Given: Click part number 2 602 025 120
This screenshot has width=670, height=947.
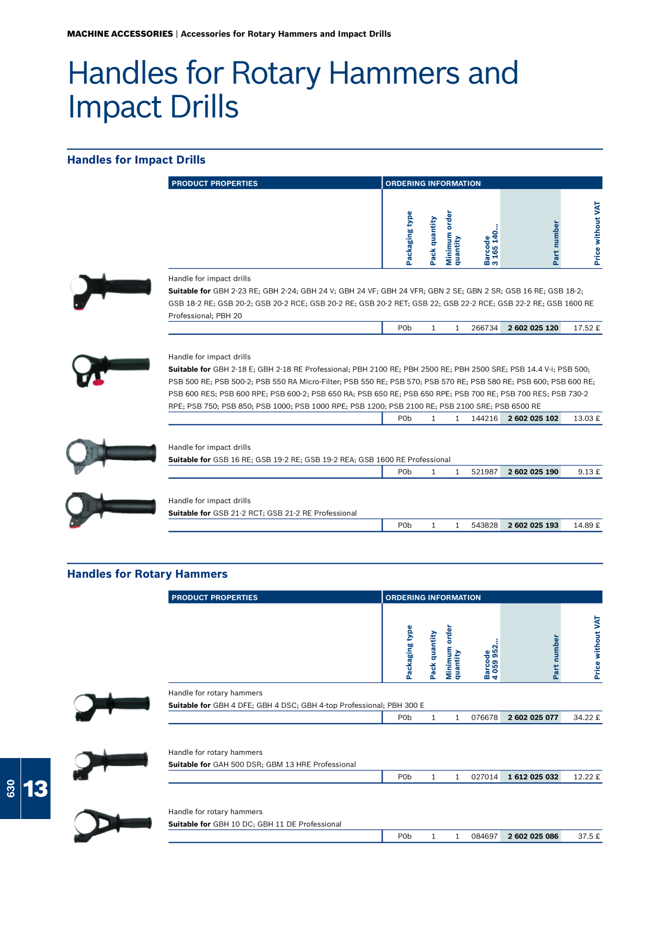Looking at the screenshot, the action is (533, 328).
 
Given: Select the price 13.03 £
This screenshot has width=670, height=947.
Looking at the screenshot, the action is (586, 418).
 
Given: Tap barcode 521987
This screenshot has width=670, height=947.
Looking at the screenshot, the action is (484, 472).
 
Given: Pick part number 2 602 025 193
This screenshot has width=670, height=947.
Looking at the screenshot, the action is (533, 525).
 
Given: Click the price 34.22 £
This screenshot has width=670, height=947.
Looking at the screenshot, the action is (586, 718).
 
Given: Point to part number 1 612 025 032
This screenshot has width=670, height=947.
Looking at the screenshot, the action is (533, 777).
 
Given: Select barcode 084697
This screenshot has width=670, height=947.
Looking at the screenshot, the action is (484, 836).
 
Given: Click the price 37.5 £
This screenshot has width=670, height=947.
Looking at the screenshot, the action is (588, 836).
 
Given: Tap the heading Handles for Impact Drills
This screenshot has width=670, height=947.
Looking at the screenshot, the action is (136, 160).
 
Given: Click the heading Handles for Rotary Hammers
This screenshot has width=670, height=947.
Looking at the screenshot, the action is (147, 574).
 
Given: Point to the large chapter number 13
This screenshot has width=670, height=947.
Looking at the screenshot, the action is (36, 789).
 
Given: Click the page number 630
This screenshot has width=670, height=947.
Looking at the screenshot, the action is (11, 789).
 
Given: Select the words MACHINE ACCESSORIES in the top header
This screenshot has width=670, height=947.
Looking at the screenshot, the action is (120, 34).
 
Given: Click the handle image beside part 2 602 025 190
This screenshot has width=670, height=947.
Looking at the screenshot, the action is (111, 455).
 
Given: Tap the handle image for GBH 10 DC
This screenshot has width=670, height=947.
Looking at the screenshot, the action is (112, 826).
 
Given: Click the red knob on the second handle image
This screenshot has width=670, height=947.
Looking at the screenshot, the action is (98, 382).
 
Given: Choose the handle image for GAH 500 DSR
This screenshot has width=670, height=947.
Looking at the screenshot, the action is (110, 764).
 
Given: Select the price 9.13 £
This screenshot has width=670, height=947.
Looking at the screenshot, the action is (588, 472).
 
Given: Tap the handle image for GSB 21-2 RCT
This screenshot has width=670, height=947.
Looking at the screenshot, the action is (110, 510).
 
